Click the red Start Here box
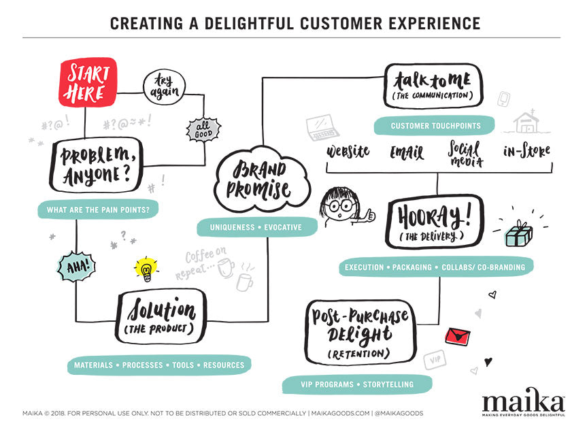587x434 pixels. [x=88, y=84]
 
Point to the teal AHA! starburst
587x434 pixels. [x=76, y=266]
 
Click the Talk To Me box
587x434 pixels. [x=433, y=86]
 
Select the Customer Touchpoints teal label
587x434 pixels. [x=435, y=126]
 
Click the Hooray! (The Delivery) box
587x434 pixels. [x=433, y=222]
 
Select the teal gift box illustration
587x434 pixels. [x=518, y=233]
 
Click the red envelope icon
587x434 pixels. [x=457, y=336]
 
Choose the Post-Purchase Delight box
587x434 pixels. [x=360, y=331]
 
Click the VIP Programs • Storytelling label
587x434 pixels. [x=357, y=384]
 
